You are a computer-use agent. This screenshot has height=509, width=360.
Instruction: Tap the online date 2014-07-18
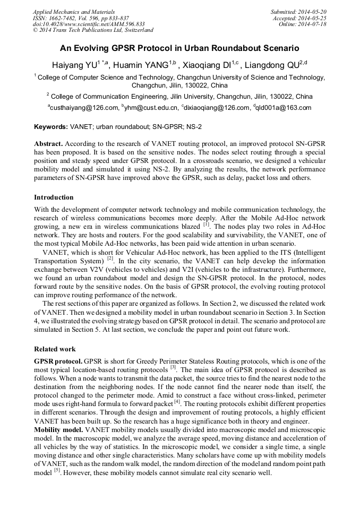click(x=312, y=24)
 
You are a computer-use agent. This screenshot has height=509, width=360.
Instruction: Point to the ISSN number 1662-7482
click(x=62, y=18)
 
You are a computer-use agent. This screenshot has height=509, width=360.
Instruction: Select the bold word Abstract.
click(x=48, y=144)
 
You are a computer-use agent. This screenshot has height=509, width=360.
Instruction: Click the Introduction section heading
click(x=54, y=197)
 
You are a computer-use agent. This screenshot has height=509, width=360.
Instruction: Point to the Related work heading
click(x=55, y=349)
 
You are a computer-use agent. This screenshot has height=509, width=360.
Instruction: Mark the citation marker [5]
click(x=56, y=471)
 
